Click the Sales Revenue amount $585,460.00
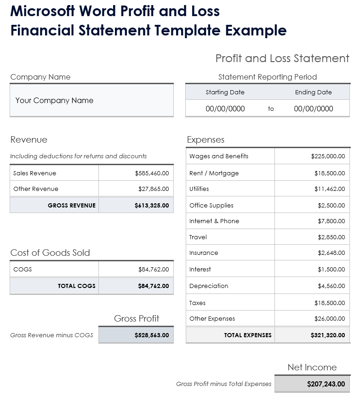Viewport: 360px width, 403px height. pos(152,173)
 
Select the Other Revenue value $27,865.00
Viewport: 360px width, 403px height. pos(154,189)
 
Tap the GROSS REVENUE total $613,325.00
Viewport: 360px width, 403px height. pos(152,206)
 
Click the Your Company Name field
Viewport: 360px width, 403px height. pos(54,100)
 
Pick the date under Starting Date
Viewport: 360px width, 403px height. pos(225,109)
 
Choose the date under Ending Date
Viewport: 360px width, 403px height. pos(314,109)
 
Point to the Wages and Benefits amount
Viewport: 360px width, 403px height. pos(328,156)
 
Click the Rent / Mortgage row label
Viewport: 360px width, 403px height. pos(214,173)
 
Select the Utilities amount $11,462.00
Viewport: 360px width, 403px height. pos(330,189)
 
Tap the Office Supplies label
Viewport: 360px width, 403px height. pos(211,206)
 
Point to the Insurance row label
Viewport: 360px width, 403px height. pos(204,253)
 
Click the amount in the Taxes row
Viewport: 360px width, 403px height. pos(330,303)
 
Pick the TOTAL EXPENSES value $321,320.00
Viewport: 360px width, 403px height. pos(328,335)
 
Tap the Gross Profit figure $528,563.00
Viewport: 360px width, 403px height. pos(152,335)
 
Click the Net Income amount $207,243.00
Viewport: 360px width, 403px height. pos(326,384)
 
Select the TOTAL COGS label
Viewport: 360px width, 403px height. pos(76,286)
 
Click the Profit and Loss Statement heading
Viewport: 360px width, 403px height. pos(282,58)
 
